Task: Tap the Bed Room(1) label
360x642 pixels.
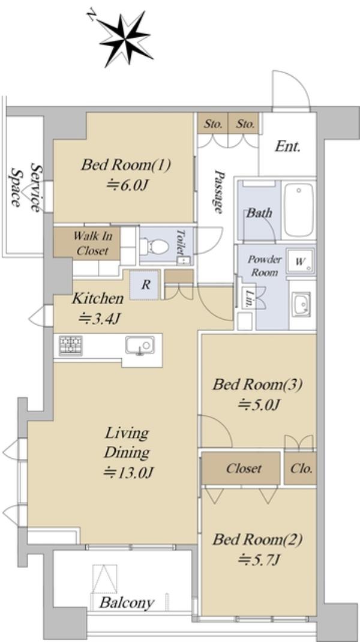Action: coord(126,166)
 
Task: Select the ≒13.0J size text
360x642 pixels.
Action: coord(128,473)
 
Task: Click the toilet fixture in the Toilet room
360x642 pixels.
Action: coord(154,247)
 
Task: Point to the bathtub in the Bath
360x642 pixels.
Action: coord(299,209)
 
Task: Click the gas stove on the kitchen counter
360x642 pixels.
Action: coord(70,345)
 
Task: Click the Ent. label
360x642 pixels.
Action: coord(287,146)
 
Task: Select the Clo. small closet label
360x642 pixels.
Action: coord(301,469)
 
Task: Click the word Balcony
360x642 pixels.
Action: coord(127,602)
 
